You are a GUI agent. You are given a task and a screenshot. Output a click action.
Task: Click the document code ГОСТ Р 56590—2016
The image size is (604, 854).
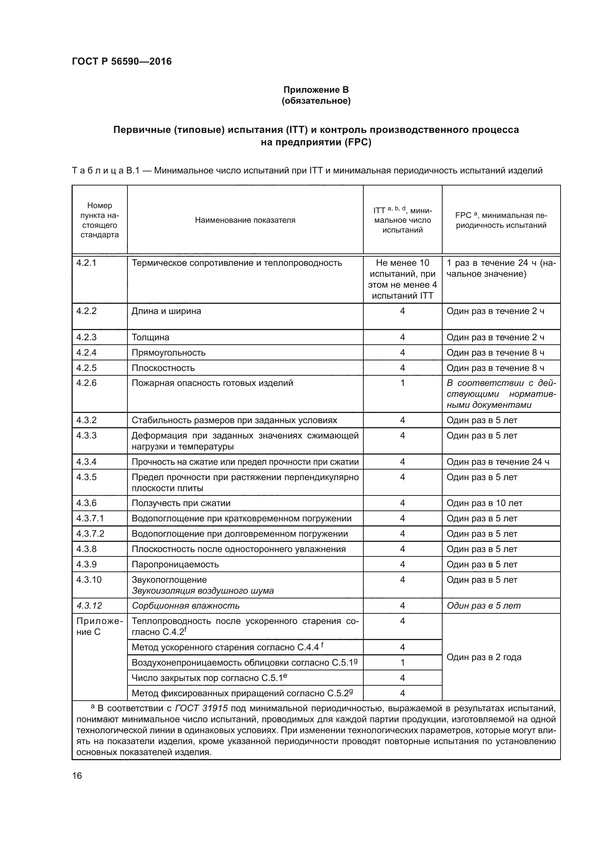click(x=122, y=62)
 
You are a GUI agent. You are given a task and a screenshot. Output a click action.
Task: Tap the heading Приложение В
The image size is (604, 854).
click(x=316, y=90)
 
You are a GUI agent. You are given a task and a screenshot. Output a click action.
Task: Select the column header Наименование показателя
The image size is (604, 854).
click(x=245, y=220)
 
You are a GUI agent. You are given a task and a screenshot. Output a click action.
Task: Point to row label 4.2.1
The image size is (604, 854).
click(x=86, y=263)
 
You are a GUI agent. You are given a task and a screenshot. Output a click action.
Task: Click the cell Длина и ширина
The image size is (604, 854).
click(x=166, y=311)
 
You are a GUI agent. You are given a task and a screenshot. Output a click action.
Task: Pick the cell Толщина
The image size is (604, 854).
click(x=150, y=337)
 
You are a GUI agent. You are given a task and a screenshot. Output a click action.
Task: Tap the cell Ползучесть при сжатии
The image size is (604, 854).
click(x=181, y=503)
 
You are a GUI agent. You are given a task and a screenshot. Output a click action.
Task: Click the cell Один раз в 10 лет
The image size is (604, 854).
click(x=484, y=503)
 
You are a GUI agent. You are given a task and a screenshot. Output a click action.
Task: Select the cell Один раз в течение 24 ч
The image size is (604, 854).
click(x=498, y=462)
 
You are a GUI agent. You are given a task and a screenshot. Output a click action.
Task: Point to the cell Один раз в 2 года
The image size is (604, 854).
click(x=484, y=657)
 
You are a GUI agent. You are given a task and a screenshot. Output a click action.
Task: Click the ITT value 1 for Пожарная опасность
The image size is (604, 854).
click(x=402, y=383)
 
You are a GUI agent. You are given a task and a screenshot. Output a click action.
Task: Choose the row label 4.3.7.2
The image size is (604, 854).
click(x=90, y=534)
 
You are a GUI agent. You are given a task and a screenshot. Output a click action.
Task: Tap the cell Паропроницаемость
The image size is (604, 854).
click(x=175, y=564)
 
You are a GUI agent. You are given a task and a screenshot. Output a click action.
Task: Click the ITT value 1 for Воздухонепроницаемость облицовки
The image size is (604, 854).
click(x=402, y=662)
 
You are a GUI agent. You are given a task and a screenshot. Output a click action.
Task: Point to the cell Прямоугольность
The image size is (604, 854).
click(x=168, y=353)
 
